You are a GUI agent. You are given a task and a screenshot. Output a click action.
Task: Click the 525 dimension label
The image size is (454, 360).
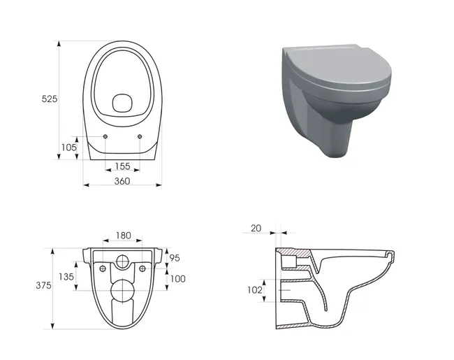click(50, 99)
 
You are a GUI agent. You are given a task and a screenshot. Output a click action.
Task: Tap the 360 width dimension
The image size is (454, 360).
click(122, 182)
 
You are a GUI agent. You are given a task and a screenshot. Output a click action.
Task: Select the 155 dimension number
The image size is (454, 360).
click(122, 166)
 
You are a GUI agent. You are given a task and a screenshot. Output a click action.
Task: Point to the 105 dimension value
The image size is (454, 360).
click(69, 147)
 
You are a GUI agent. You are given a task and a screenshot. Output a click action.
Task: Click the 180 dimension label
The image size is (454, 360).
click(124, 236)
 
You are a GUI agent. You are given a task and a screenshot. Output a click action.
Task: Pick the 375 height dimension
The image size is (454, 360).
click(43, 285)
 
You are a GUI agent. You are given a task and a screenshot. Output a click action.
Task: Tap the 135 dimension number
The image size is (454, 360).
click(66, 277)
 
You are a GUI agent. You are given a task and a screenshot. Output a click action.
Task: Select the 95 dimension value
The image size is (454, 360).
click(175, 258)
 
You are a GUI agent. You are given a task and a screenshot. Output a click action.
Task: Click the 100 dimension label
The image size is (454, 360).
click(178, 279)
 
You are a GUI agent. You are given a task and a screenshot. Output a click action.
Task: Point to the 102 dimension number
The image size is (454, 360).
click(255, 290)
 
